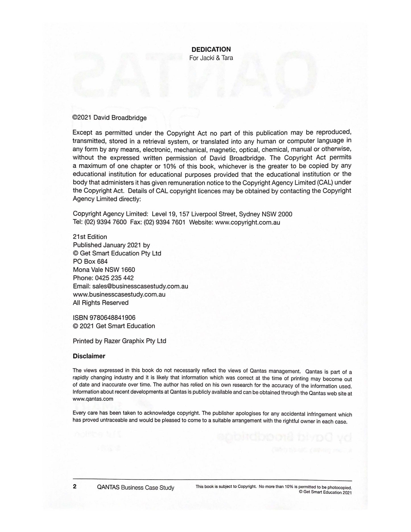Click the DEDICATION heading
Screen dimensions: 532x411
[211, 50]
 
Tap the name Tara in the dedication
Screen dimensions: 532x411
[227, 58]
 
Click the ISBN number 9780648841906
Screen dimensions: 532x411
[112, 318]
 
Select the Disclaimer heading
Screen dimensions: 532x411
[89, 356]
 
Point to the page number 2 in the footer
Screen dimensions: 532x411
[75, 486]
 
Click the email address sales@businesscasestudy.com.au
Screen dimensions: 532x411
[140, 286]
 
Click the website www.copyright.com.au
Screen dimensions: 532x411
[247, 222]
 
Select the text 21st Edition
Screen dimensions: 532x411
[90, 237]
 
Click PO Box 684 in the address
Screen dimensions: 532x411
[90, 261]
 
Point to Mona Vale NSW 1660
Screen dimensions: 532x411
[104, 270]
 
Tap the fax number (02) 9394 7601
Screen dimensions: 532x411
[164, 222]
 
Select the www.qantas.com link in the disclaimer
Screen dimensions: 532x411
[93, 399]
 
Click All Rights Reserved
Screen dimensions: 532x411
[101, 303]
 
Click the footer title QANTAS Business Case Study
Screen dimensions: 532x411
[135, 488]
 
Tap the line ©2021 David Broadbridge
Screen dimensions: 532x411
[110, 117]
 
